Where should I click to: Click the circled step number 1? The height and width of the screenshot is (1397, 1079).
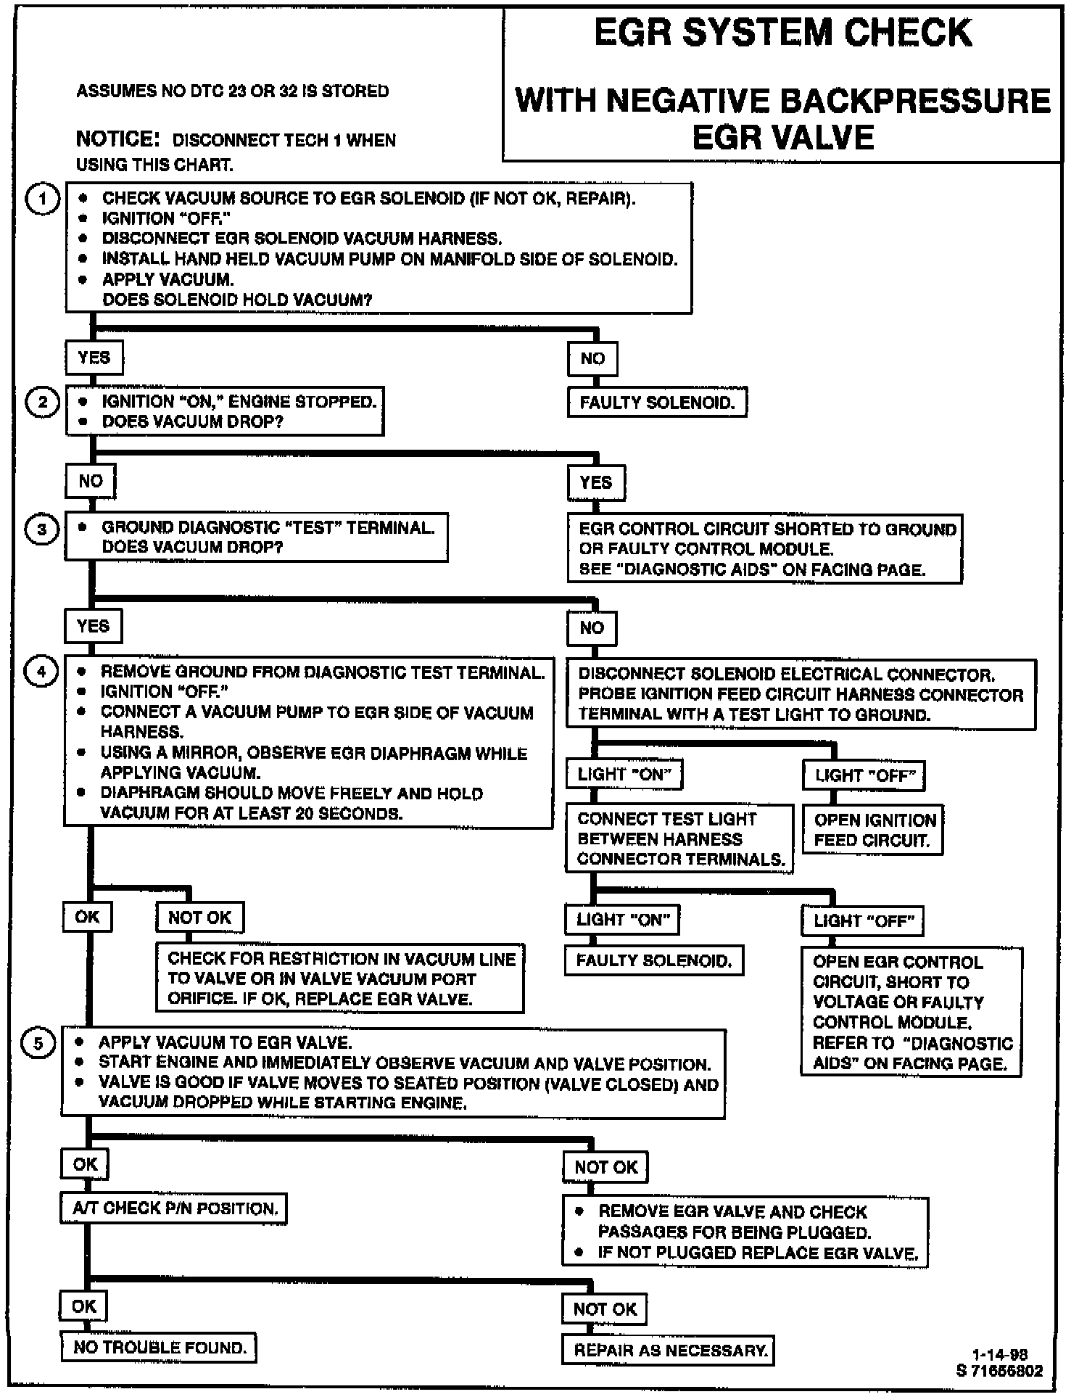point(42,199)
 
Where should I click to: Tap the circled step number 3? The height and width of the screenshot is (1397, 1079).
point(42,529)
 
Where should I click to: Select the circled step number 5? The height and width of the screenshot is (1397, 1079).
point(38,1044)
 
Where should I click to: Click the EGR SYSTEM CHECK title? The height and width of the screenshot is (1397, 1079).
point(782,33)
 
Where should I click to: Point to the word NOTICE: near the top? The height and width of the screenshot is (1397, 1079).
point(117,139)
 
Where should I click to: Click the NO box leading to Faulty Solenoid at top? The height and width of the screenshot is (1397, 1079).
point(592,358)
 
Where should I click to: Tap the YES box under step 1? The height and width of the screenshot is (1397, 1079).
point(94,358)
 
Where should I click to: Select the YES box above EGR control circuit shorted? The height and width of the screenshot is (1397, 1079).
point(595,482)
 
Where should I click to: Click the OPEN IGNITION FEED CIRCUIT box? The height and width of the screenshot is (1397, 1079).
point(874,831)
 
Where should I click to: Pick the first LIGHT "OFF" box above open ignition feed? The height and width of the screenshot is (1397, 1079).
point(864,775)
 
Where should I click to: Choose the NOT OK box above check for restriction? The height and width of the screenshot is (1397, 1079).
point(200,918)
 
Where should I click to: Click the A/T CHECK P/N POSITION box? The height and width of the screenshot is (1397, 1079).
point(174,1208)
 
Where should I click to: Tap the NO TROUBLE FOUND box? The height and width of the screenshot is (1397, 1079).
point(159,1348)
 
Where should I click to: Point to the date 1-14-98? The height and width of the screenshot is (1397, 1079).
point(999,1355)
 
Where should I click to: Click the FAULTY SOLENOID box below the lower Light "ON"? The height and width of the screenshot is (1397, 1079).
point(654,961)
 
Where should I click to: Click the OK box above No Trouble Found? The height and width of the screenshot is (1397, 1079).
point(84,1306)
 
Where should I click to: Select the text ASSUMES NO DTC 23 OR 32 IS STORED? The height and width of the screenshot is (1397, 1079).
point(232,91)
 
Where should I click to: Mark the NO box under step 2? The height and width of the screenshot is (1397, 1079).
point(91,481)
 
